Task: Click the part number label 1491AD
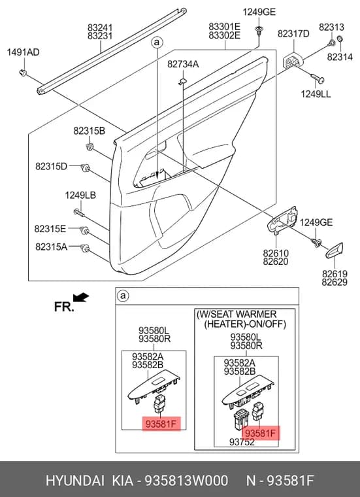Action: click(24, 52)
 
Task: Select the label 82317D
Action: click(293, 33)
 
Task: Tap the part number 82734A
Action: click(183, 64)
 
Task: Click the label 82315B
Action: click(90, 131)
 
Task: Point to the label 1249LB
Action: click(80, 196)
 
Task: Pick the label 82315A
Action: click(51, 247)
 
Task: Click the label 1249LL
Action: click(316, 94)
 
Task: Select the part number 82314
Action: click(340, 57)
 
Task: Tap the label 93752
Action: click(242, 442)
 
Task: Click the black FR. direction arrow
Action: click(81, 298)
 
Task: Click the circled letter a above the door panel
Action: click(157, 43)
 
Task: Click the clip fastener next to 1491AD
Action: click(22, 73)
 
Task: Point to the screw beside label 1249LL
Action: click(317, 78)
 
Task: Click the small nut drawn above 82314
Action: click(340, 39)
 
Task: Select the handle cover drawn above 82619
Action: click(335, 250)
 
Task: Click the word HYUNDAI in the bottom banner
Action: click(74, 481)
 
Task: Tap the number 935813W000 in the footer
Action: click(186, 481)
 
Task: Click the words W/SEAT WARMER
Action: click(237, 315)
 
